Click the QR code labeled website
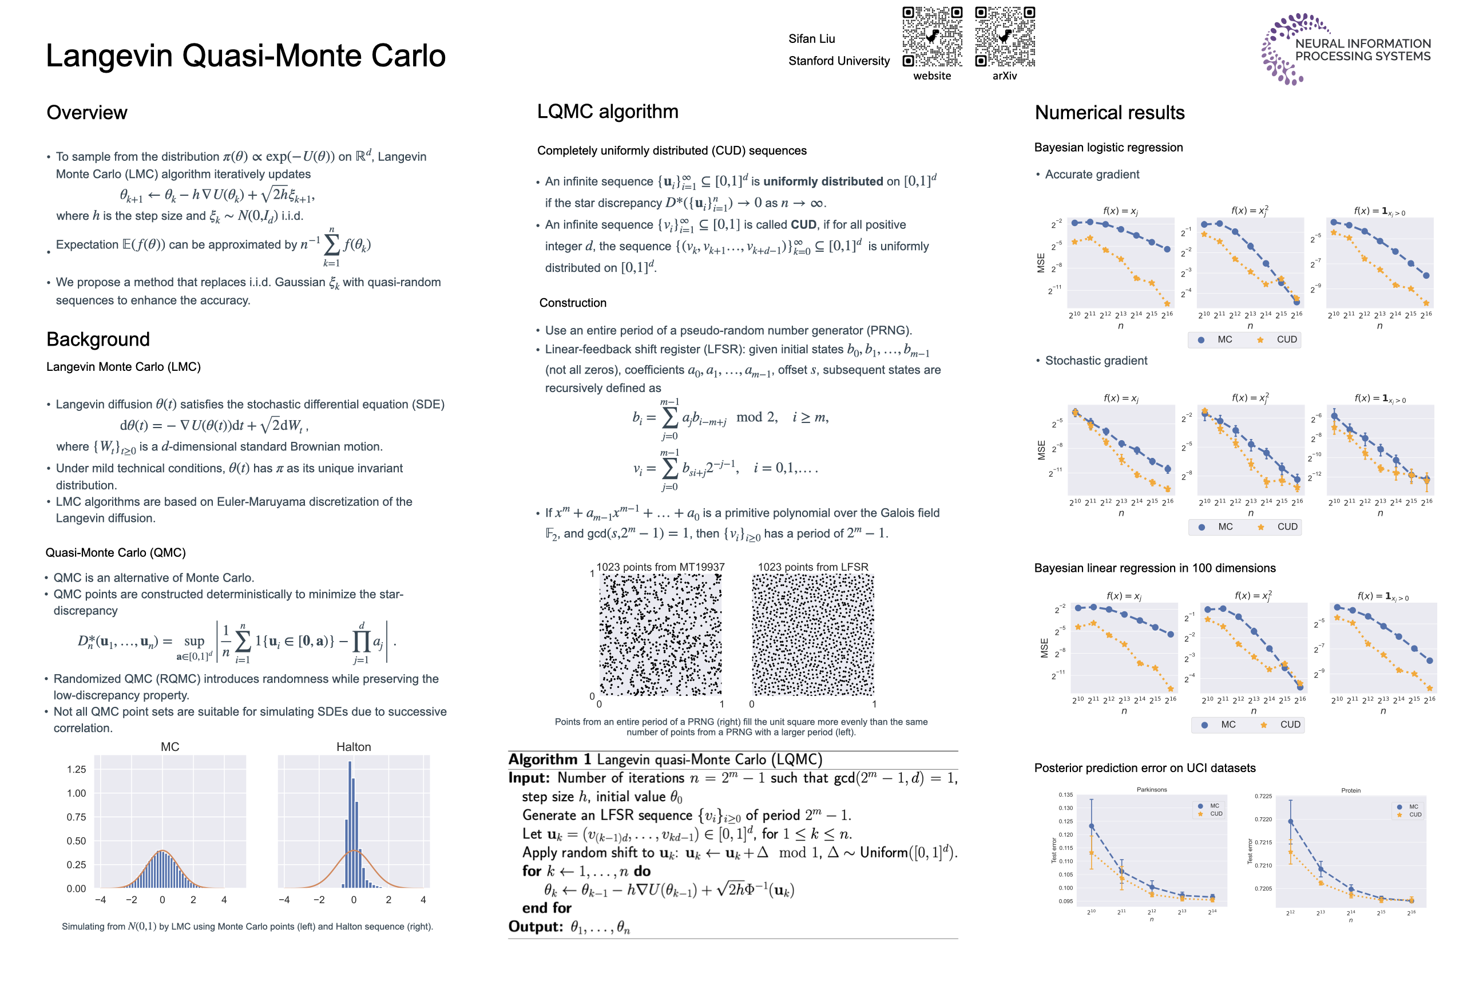pyautogui.click(x=932, y=37)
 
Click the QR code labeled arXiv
pyautogui.click(x=1005, y=37)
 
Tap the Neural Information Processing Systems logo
pyautogui.click(x=1346, y=49)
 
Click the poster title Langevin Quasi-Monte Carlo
pyautogui.click(x=246, y=56)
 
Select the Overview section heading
pyautogui.click(x=87, y=113)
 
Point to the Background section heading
pyautogui.click(x=98, y=339)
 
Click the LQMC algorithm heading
pyautogui.click(x=607, y=112)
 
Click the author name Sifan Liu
pyautogui.click(x=811, y=39)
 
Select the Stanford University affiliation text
pyautogui.click(x=839, y=61)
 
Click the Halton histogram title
pyautogui.click(x=353, y=747)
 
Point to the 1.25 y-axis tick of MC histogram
pyautogui.click(x=76, y=769)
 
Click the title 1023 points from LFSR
pyautogui.click(x=813, y=567)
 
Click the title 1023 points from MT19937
pyautogui.click(x=660, y=567)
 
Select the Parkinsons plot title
pyautogui.click(x=1151, y=790)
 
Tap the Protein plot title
pyautogui.click(x=1351, y=790)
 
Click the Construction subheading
pyautogui.click(x=573, y=303)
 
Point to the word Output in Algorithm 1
pyautogui.click(x=536, y=927)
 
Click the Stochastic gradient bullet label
pyautogui.click(x=1096, y=361)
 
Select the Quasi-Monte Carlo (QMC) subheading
pyautogui.click(x=116, y=552)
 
